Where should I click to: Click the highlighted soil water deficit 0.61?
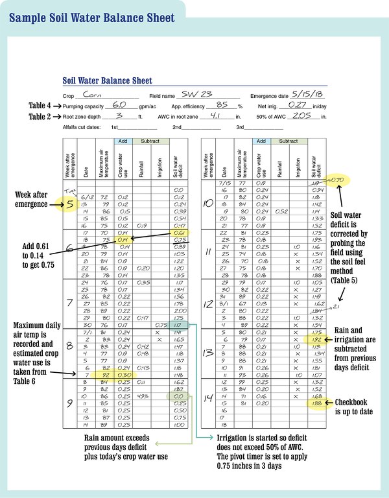[x=180, y=233]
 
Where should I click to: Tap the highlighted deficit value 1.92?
[x=317, y=338]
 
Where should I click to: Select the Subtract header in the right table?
[x=289, y=141]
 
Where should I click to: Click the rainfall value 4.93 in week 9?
[x=144, y=396]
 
